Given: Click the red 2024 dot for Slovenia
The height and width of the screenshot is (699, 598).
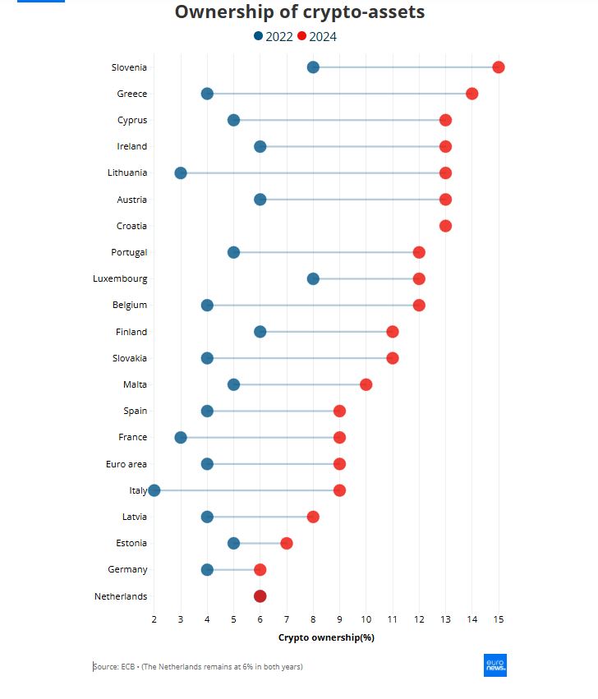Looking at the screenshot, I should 498,67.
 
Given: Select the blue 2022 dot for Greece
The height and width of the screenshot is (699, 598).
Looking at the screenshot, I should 207,94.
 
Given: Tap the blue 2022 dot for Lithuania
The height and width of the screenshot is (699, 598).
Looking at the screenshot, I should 181,173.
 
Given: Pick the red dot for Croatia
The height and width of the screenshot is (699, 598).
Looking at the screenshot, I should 445,226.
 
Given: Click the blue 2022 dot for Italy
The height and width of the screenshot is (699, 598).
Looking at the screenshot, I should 154,490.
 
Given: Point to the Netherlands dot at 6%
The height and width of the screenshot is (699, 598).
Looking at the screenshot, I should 260,596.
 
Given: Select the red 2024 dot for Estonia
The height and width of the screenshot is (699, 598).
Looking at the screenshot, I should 286,543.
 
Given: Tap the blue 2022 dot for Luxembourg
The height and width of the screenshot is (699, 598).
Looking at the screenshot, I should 313,278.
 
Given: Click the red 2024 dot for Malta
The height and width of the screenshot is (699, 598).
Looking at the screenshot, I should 366,384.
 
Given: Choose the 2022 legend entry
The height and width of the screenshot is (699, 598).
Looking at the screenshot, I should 274,36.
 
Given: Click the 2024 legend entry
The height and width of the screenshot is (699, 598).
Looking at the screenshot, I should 317,36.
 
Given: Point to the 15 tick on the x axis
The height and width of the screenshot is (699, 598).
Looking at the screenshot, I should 498,618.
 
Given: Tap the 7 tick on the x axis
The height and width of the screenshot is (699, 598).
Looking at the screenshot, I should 286,618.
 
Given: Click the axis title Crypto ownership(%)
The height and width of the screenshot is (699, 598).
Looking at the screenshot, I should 326,637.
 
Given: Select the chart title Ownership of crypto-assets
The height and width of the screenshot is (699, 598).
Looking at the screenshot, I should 300,12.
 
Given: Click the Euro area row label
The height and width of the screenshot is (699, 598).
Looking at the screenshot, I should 126,464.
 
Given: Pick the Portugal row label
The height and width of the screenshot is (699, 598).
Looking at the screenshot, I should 129,252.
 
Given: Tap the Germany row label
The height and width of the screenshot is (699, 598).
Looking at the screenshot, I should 127,569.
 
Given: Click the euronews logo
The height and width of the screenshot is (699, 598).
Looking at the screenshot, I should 494,665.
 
